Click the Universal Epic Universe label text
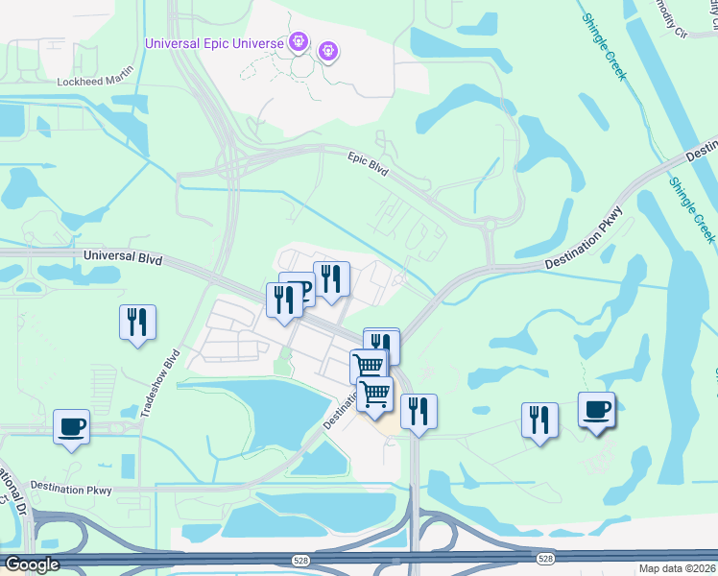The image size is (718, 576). [x=214, y=43]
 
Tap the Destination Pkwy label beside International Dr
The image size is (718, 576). [x=71, y=489]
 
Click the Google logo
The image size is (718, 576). [x=31, y=564]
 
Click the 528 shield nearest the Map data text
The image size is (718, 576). [x=545, y=558]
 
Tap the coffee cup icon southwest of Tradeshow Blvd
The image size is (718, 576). [x=71, y=426]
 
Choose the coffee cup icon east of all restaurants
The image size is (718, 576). [x=596, y=410]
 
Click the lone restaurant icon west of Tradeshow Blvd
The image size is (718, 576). [x=137, y=321]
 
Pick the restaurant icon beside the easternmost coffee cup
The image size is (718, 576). [x=539, y=420]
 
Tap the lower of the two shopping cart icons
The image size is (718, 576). [x=374, y=394]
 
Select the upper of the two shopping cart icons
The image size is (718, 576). [x=368, y=366]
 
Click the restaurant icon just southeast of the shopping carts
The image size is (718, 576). [x=419, y=412]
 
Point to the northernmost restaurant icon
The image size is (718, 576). [x=331, y=279]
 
